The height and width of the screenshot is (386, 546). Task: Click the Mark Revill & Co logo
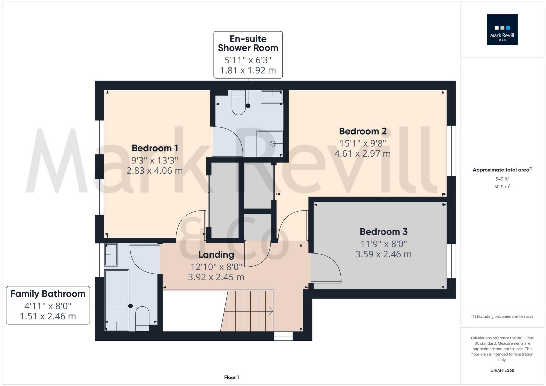(502, 29)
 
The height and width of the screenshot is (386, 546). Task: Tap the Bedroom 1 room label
(155, 148)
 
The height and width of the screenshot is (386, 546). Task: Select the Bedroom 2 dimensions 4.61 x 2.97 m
(362, 154)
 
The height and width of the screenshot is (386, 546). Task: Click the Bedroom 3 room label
(383, 232)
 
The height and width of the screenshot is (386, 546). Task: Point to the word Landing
(216, 254)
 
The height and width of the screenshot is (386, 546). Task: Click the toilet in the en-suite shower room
(238, 104)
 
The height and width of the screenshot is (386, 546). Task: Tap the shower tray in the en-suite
(269, 143)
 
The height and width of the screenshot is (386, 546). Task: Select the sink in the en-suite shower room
(271, 96)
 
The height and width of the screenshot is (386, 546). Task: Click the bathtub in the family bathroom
(117, 299)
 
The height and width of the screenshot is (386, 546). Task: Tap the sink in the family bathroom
(111, 254)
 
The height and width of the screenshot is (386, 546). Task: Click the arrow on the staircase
(271, 312)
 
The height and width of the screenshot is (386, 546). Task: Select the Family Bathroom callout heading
(48, 294)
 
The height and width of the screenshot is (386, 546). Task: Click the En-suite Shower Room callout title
(248, 43)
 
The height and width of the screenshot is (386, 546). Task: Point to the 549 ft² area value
(502, 179)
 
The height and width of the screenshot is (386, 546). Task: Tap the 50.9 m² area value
(502, 187)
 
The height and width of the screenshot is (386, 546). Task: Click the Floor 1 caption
(231, 377)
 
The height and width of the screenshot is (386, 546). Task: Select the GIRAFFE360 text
(502, 370)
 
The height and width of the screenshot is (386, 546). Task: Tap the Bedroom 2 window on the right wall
(451, 151)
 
